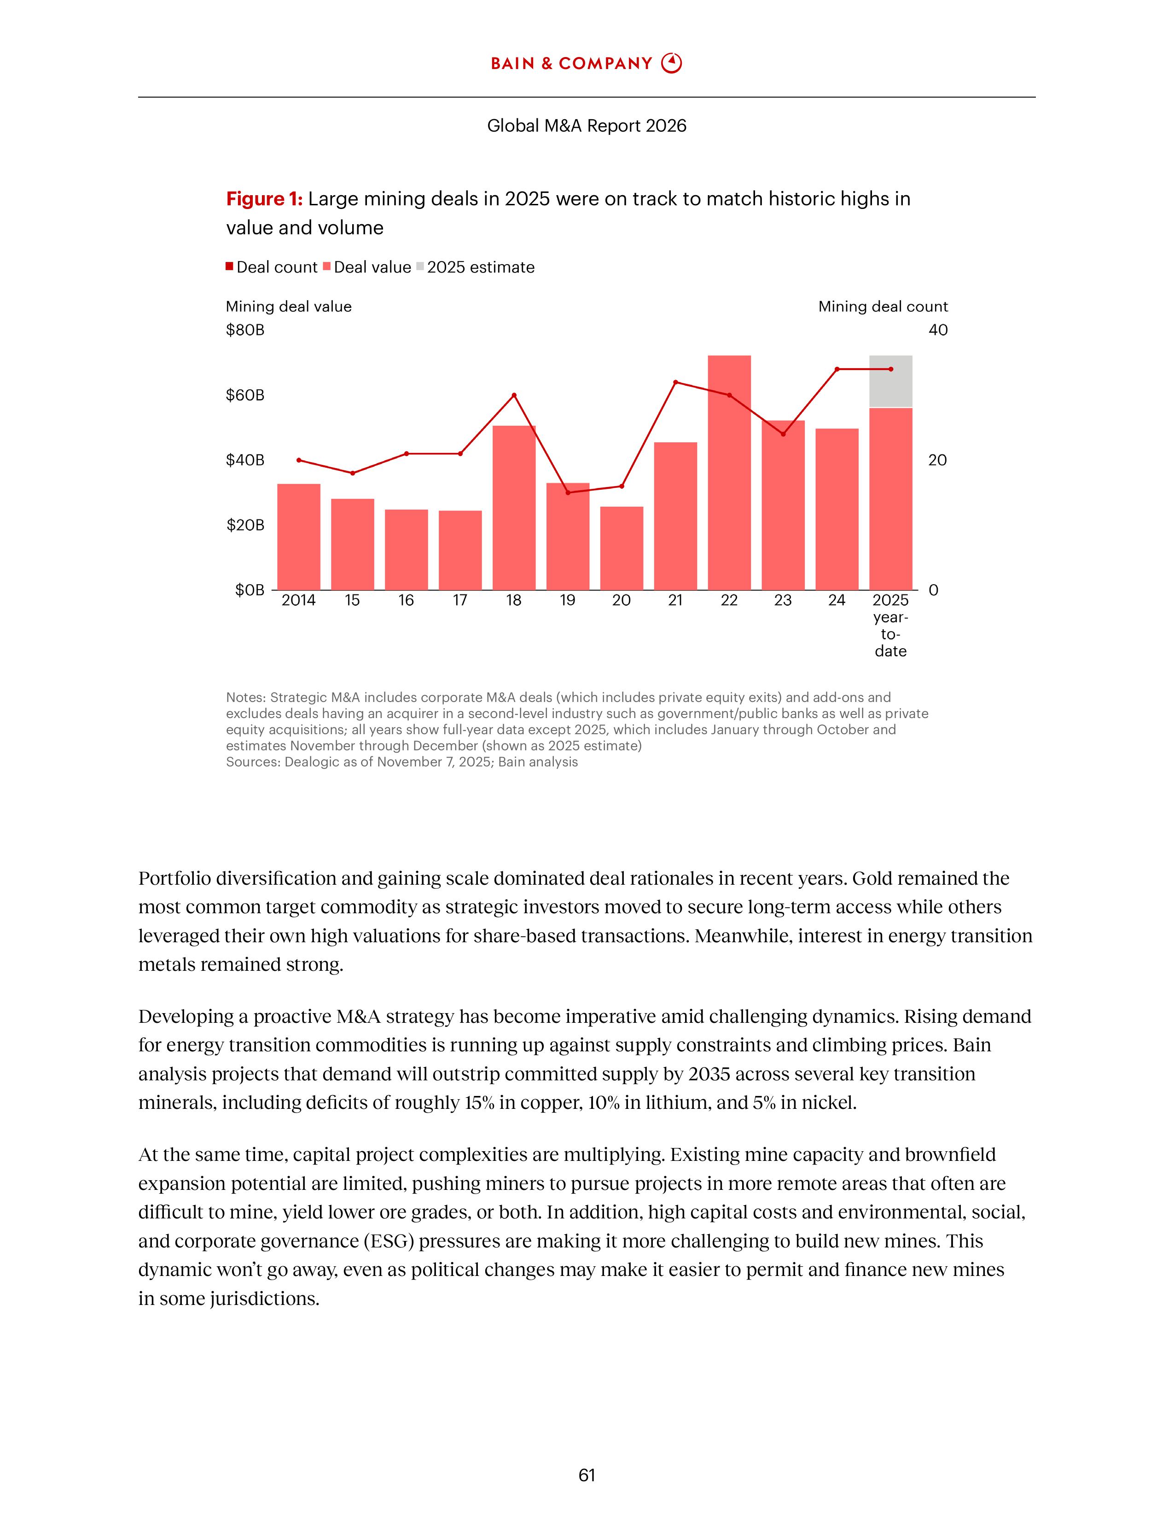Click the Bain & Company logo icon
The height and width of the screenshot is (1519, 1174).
click(x=671, y=64)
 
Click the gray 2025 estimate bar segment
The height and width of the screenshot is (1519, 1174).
click(x=890, y=381)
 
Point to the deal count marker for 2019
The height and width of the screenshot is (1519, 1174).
click(x=568, y=493)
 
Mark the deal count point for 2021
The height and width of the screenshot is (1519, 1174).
click(x=675, y=382)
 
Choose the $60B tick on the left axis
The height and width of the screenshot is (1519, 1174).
click(x=245, y=395)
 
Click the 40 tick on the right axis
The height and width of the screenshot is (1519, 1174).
click(x=937, y=330)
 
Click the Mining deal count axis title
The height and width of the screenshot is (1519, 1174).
click(x=883, y=307)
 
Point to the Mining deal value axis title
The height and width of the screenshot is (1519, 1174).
click(x=289, y=307)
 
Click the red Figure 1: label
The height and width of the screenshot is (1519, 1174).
click(x=264, y=199)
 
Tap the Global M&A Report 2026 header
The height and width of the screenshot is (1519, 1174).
click(x=586, y=126)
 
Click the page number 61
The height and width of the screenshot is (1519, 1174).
click(x=586, y=1475)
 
